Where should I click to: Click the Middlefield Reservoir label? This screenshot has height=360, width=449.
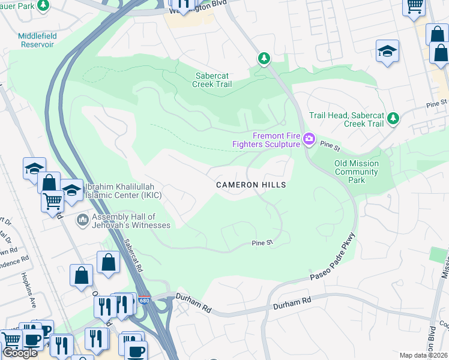pos(37,40)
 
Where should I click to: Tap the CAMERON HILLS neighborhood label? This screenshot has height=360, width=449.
pos(251,185)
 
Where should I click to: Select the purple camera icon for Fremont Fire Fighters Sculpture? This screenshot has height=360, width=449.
pos(309,140)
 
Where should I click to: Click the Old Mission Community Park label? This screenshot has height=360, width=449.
pos(357,172)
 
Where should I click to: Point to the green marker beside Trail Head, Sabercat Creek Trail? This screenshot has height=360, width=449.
pos(393,118)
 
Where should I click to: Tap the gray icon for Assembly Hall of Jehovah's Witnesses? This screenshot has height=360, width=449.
pos(82,221)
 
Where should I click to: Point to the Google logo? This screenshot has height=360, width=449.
pos(20,353)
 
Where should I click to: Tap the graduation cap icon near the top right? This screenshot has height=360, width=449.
pos(388,51)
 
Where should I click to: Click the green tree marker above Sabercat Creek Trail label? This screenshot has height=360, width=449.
pos(263,59)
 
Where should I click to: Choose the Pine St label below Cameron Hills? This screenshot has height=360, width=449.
pos(262,243)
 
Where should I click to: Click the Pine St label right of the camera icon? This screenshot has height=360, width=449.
pos(330,145)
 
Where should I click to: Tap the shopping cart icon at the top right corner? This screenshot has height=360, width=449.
pos(414,7)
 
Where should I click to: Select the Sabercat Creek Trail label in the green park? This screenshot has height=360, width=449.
pos(212,80)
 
